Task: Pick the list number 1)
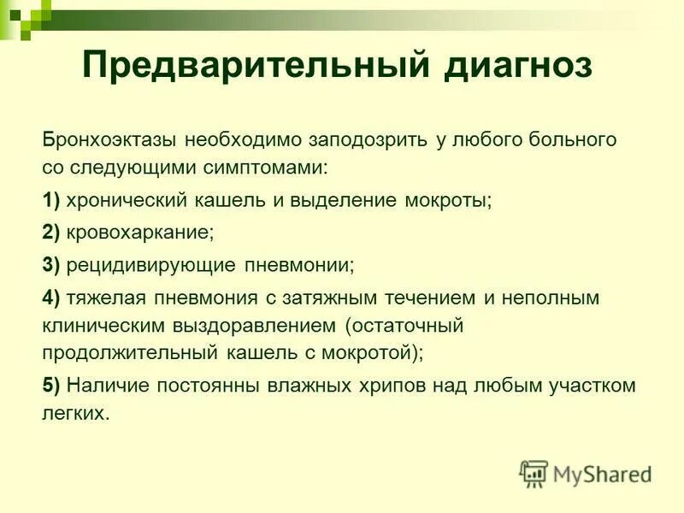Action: point(50,201)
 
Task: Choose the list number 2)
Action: point(50,233)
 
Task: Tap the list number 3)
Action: point(50,265)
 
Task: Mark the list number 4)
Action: point(50,297)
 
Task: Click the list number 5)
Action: point(50,385)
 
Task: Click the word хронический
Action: point(121,201)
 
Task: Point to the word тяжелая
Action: point(103,297)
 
